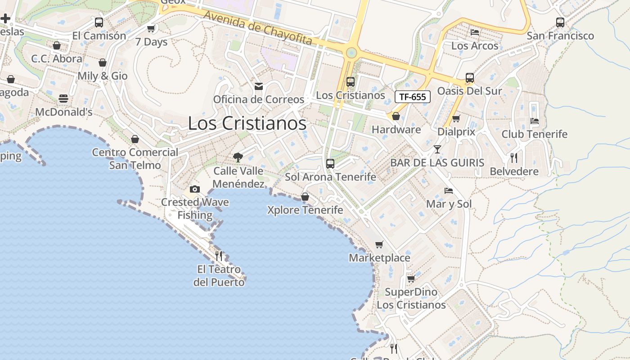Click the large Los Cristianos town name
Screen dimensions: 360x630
[247, 123]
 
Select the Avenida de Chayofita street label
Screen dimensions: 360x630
[258, 28]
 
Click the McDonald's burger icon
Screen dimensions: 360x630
[63, 99]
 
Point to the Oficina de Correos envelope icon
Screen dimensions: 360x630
[259, 86]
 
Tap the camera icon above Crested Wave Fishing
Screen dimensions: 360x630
[194, 189]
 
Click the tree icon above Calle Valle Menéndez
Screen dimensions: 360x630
[238, 157]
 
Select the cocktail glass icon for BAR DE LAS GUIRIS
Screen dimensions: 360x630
[437, 149]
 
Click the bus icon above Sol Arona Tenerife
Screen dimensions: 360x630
[330, 164]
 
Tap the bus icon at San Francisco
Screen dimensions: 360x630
[560, 22]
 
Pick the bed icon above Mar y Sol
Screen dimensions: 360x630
[449, 191]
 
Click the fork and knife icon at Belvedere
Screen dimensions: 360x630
[513, 158]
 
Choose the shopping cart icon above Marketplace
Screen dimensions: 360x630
[379, 244]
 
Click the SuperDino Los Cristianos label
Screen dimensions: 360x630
[411, 298]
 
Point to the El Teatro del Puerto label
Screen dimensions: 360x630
[219, 276]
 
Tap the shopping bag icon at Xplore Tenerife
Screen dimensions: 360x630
[305, 197]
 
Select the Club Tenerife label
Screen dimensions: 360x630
[534, 134]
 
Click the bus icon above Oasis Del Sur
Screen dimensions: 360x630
[470, 78]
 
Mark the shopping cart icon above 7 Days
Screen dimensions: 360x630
[151, 29]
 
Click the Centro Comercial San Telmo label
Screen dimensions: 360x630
[135, 158]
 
